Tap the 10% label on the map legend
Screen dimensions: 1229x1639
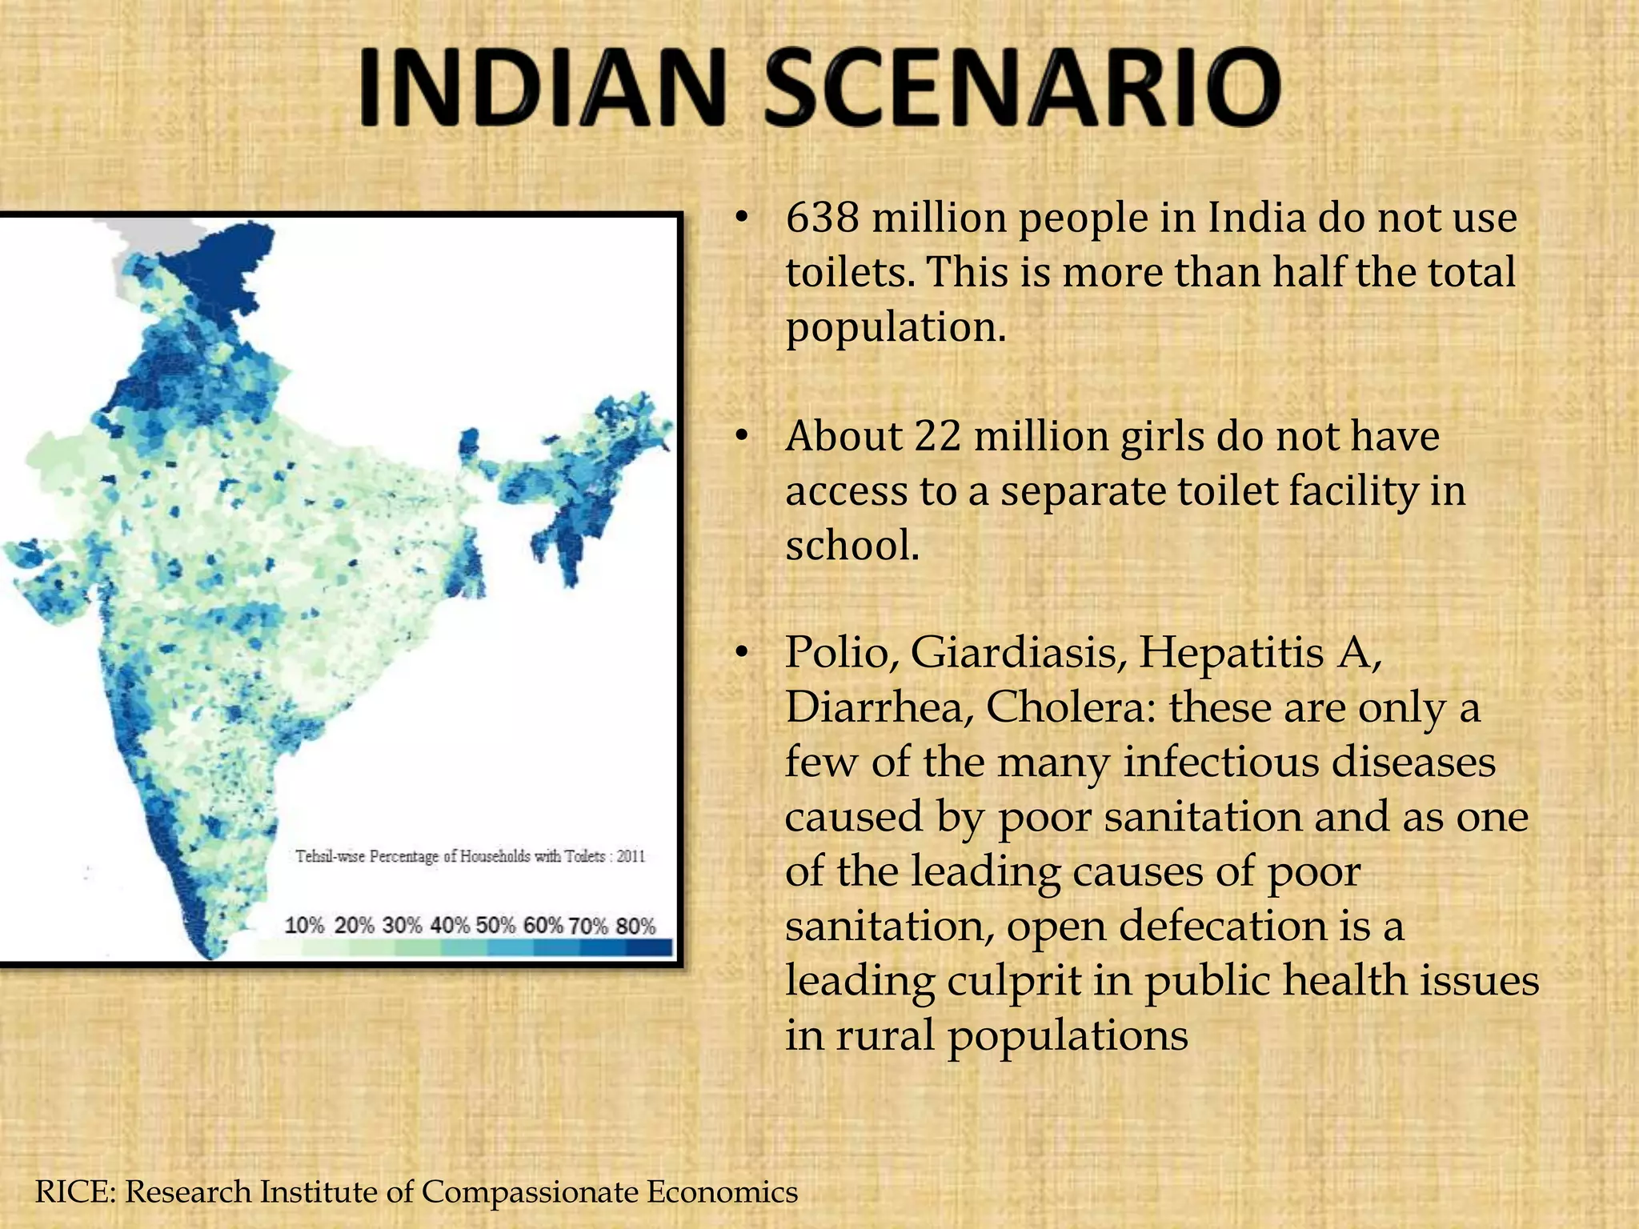coord(304,926)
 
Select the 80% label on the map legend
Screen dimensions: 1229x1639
coord(636,926)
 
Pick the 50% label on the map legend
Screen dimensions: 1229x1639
coord(495,926)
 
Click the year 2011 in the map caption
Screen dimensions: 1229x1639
coord(631,856)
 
